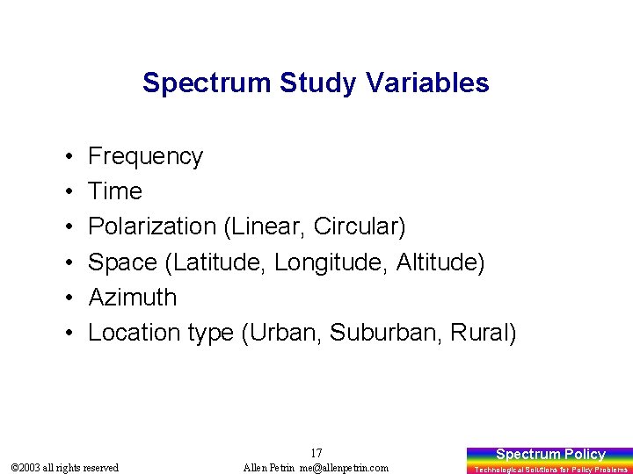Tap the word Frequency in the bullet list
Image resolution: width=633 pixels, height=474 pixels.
[145, 156]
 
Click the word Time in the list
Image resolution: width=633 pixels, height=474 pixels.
[115, 191]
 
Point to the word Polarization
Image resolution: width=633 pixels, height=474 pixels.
[152, 226]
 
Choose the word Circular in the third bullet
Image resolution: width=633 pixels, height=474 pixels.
[361, 226]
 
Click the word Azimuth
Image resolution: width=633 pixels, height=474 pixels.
[133, 297]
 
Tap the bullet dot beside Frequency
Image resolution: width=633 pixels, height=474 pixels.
[68, 157]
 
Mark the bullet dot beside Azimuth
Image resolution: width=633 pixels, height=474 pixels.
[68, 298]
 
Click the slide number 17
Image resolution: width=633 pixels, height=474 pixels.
[316, 453]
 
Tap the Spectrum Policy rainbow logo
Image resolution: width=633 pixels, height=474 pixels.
[550, 454]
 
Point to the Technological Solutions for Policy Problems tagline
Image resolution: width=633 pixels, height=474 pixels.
[550, 470]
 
